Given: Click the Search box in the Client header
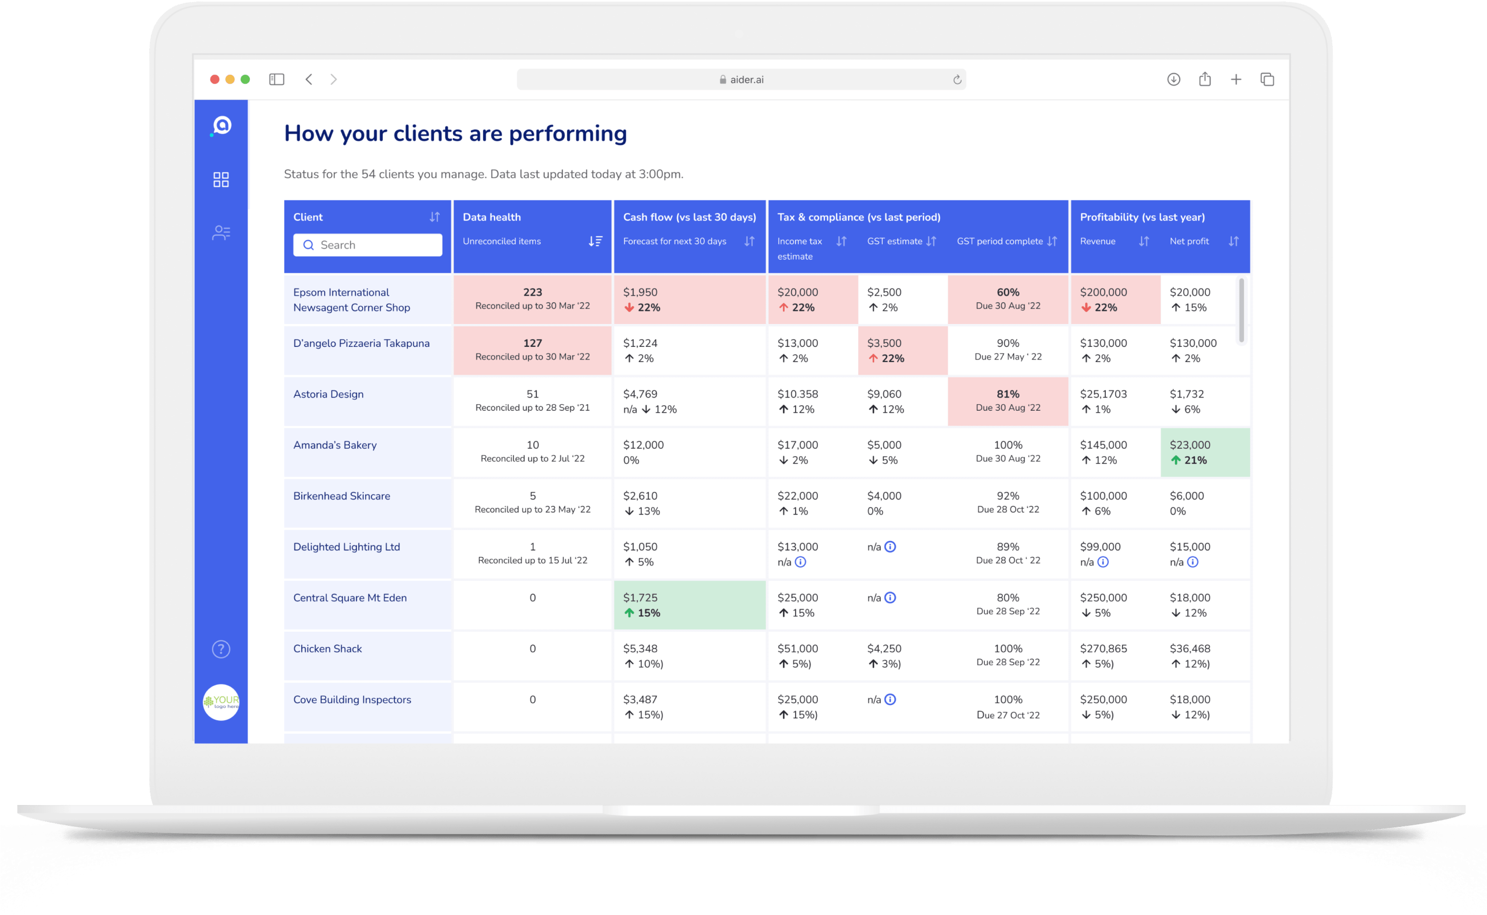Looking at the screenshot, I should [367, 245].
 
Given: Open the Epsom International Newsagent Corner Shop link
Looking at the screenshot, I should [351, 300].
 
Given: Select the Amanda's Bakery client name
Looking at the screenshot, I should [335, 445].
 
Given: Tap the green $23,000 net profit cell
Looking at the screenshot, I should [1205, 452].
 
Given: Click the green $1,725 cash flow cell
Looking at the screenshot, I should [689, 604].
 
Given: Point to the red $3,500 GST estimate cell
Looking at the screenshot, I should [902, 350].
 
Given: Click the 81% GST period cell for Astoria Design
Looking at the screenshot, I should [1008, 401].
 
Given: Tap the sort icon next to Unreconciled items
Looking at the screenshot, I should [595, 241].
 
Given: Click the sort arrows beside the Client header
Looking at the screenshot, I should [435, 216].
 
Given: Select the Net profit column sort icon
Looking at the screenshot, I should [1233, 241].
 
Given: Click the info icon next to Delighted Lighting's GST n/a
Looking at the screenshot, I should [890, 546].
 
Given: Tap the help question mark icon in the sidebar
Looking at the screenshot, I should [221, 649].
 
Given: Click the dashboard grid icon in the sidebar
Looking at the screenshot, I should [221, 180].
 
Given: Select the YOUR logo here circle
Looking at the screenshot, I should [221, 702].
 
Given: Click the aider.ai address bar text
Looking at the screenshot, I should [746, 79].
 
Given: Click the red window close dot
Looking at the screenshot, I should [214, 79].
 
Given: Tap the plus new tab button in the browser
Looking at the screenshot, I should [1236, 79].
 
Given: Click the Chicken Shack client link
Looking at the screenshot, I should [327, 649].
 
